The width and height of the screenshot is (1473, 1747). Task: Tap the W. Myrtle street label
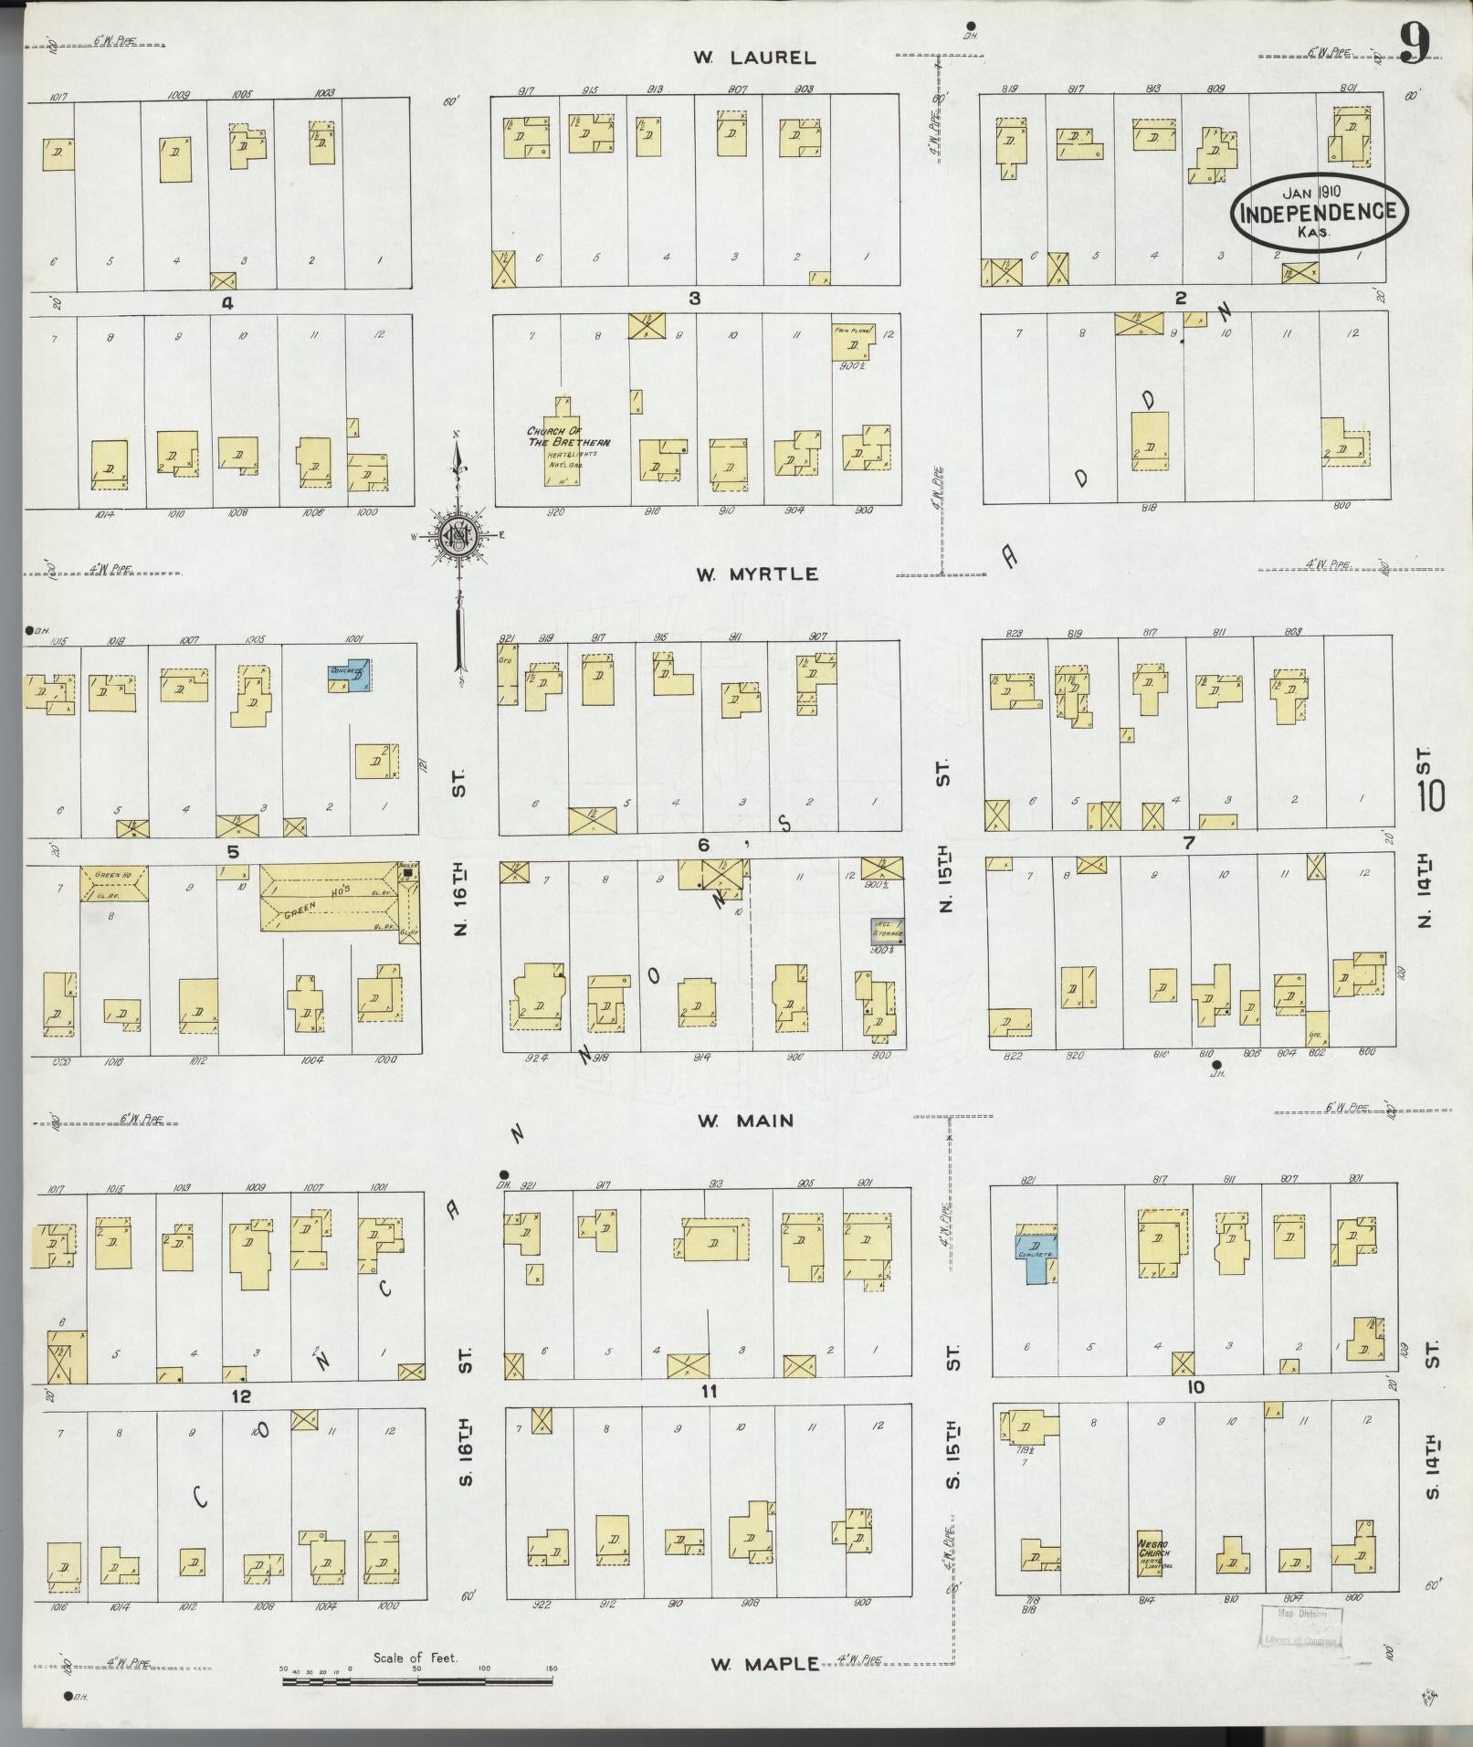click(x=756, y=574)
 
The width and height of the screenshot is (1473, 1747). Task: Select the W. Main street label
click(x=745, y=1121)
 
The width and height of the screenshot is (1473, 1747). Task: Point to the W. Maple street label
click(x=765, y=1664)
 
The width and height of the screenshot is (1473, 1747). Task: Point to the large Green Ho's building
click(x=329, y=896)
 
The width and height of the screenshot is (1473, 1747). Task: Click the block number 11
click(x=708, y=1392)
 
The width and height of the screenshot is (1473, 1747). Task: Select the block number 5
click(x=233, y=851)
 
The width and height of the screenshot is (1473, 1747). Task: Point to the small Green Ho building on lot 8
click(x=114, y=884)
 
